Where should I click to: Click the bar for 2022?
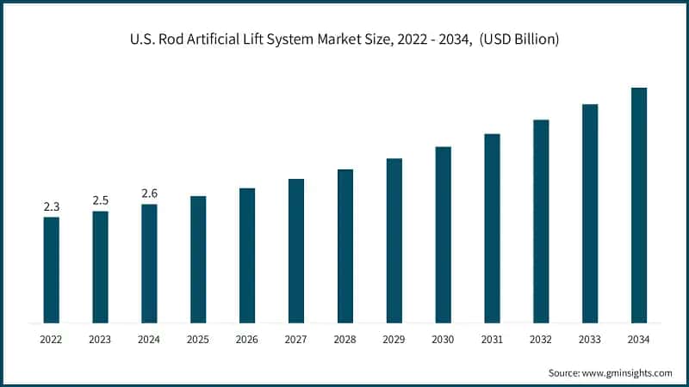pos(52,270)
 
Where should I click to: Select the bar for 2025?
pos(198,260)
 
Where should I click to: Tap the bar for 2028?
pos(345,246)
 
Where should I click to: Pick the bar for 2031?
pos(492,229)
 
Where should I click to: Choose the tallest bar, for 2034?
pos(639,206)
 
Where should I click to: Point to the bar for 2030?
pos(443,235)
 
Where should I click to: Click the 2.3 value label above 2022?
pos(52,206)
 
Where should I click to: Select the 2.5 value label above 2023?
pos(101,200)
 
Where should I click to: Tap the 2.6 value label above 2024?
pos(149,193)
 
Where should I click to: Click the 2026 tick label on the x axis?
pos(247,340)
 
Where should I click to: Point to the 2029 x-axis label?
pos(394,340)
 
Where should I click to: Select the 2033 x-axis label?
pos(590,340)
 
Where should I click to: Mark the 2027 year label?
pos(296,340)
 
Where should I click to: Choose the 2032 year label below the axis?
pos(541,340)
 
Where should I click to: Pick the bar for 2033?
pos(590,214)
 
